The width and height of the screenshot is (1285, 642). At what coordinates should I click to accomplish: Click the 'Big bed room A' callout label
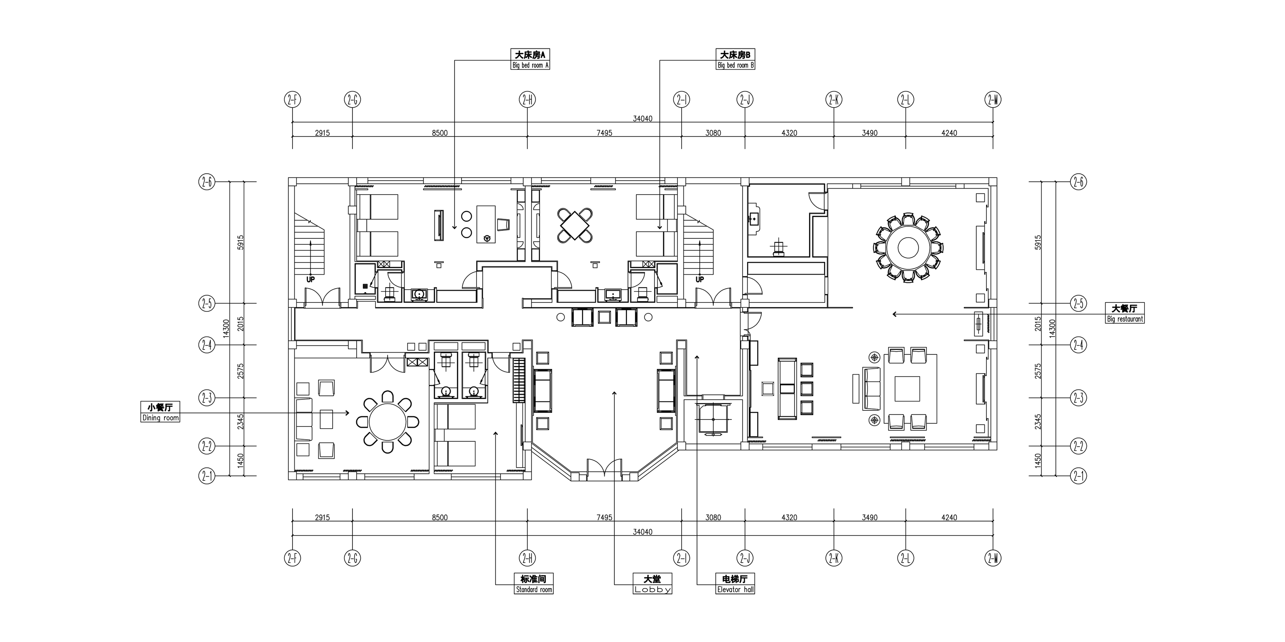pos(531,60)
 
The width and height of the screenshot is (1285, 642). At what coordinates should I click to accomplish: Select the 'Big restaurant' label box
pos(1125,313)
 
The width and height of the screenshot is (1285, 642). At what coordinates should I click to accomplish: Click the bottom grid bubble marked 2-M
pos(993,559)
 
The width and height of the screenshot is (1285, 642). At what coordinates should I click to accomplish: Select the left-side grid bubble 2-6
pos(207,182)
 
